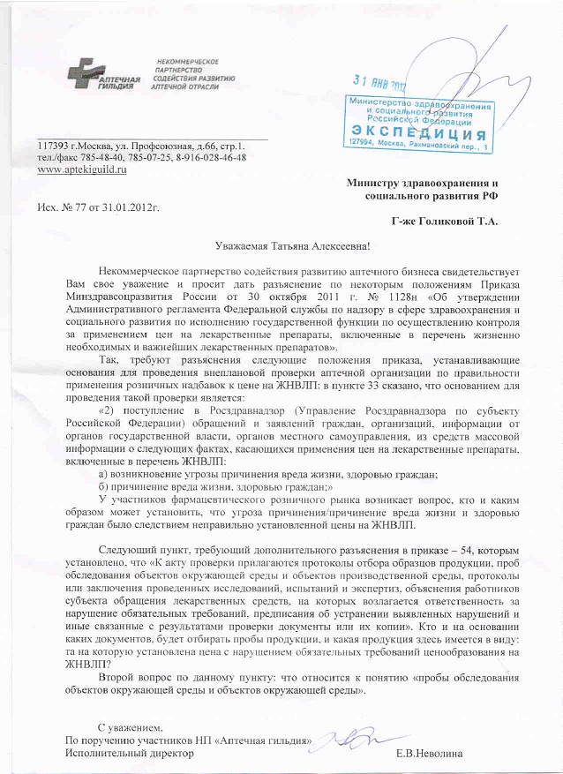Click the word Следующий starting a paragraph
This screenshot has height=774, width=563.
coord(129,550)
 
